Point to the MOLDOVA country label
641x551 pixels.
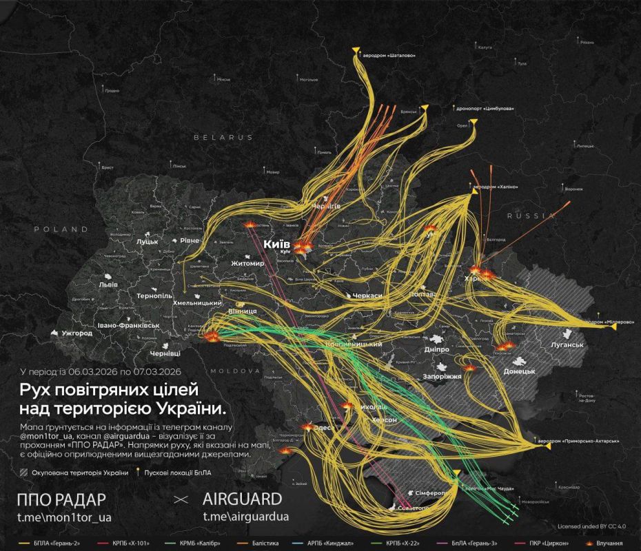click(x=275, y=370)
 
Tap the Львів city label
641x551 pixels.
click(x=108, y=284)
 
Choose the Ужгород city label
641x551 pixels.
click(x=77, y=333)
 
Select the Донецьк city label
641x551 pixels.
click(x=519, y=371)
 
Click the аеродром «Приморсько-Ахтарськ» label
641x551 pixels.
click(x=586, y=441)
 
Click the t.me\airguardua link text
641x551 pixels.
click(x=245, y=516)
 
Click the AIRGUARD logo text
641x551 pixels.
click(x=242, y=498)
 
